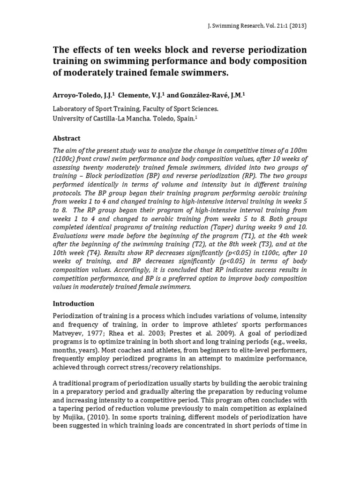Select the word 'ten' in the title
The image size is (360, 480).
click(116, 50)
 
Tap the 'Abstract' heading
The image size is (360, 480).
click(67, 138)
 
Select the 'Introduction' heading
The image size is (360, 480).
click(74, 303)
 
